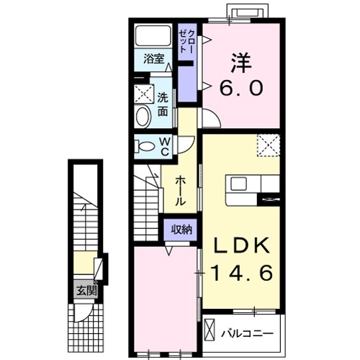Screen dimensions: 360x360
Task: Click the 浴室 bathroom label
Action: point(154,59)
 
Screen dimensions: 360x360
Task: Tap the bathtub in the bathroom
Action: point(153,35)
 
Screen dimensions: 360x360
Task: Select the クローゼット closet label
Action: point(187,41)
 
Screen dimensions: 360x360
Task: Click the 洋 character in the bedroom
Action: point(241,63)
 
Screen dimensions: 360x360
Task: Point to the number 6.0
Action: point(241,87)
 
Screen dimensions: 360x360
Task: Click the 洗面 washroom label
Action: point(163,104)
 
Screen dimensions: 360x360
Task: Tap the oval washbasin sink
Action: point(143,117)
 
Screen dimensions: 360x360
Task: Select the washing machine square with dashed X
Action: point(144,94)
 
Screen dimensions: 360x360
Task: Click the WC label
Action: point(165,147)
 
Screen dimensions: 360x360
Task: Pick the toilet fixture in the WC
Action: point(145,146)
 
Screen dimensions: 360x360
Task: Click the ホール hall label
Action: point(181,191)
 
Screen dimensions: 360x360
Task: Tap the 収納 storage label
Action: point(181,230)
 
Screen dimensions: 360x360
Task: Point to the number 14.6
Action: point(242,273)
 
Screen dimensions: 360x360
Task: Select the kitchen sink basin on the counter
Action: point(238,184)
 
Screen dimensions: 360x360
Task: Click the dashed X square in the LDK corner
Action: point(269,145)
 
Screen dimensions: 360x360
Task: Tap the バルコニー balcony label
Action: point(247,334)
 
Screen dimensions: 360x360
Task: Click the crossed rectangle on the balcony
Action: point(210,328)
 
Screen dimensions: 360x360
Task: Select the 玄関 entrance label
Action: point(86,291)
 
